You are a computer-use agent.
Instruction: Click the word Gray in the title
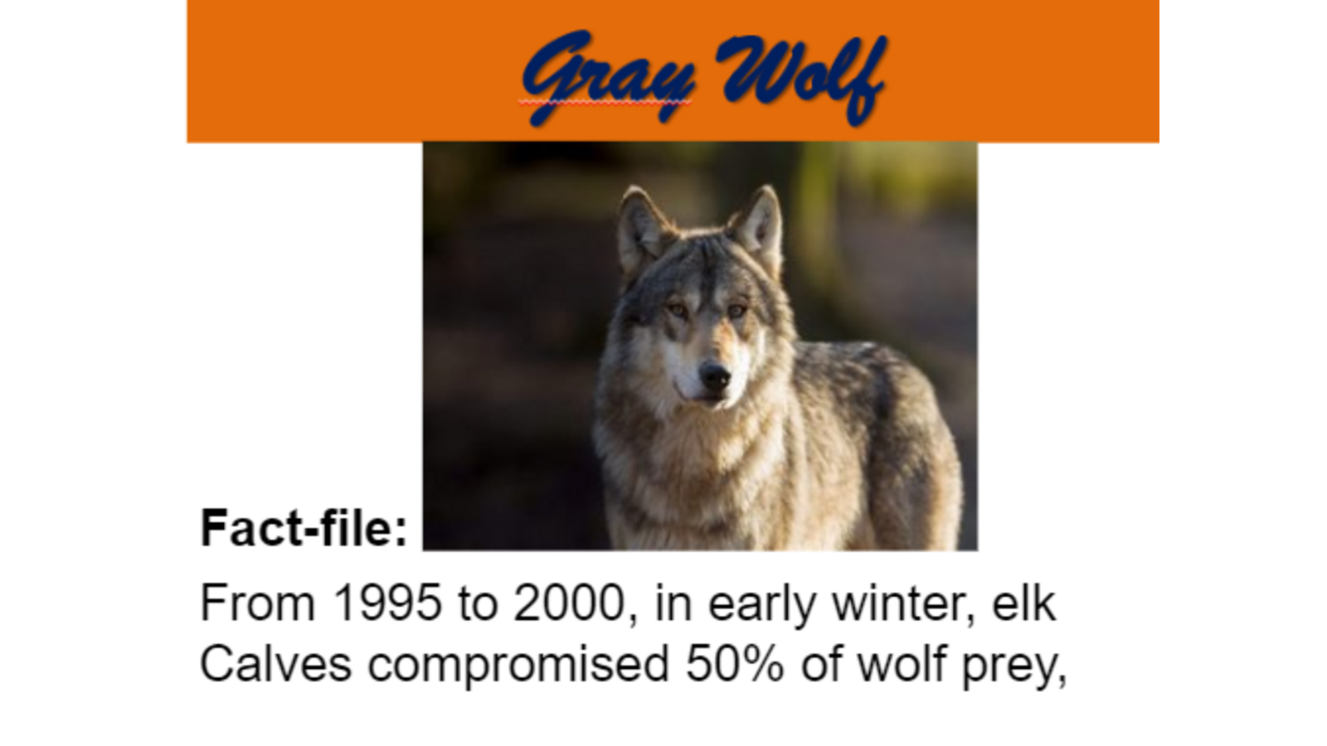[x=608, y=77]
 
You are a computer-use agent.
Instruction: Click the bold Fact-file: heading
[x=304, y=528]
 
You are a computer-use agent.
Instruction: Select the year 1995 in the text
[x=387, y=603]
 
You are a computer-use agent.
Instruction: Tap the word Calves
[x=276, y=664]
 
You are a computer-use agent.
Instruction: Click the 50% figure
[x=735, y=664]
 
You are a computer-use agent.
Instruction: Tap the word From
[x=258, y=603]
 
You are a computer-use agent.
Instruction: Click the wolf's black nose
[x=715, y=376]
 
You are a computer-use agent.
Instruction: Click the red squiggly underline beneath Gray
[x=605, y=103]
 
